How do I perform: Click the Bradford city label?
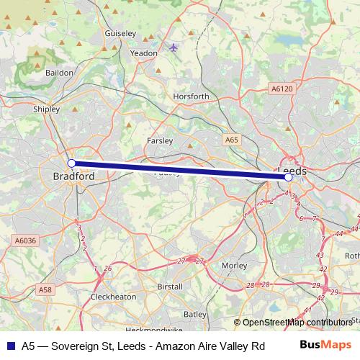[74, 176]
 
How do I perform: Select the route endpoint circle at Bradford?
[71, 163]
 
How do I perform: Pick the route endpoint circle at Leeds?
[288, 176]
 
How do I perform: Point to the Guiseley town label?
[120, 33]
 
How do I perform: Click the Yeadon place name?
[143, 53]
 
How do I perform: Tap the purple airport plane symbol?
[174, 48]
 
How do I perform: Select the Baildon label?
[58, 73]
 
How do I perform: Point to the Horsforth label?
[191, 96]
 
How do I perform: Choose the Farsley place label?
[159, 140]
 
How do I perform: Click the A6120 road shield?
[282, 89]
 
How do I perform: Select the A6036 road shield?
[24, 240]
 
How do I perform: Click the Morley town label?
[235, 265]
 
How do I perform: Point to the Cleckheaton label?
[113, 297]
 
